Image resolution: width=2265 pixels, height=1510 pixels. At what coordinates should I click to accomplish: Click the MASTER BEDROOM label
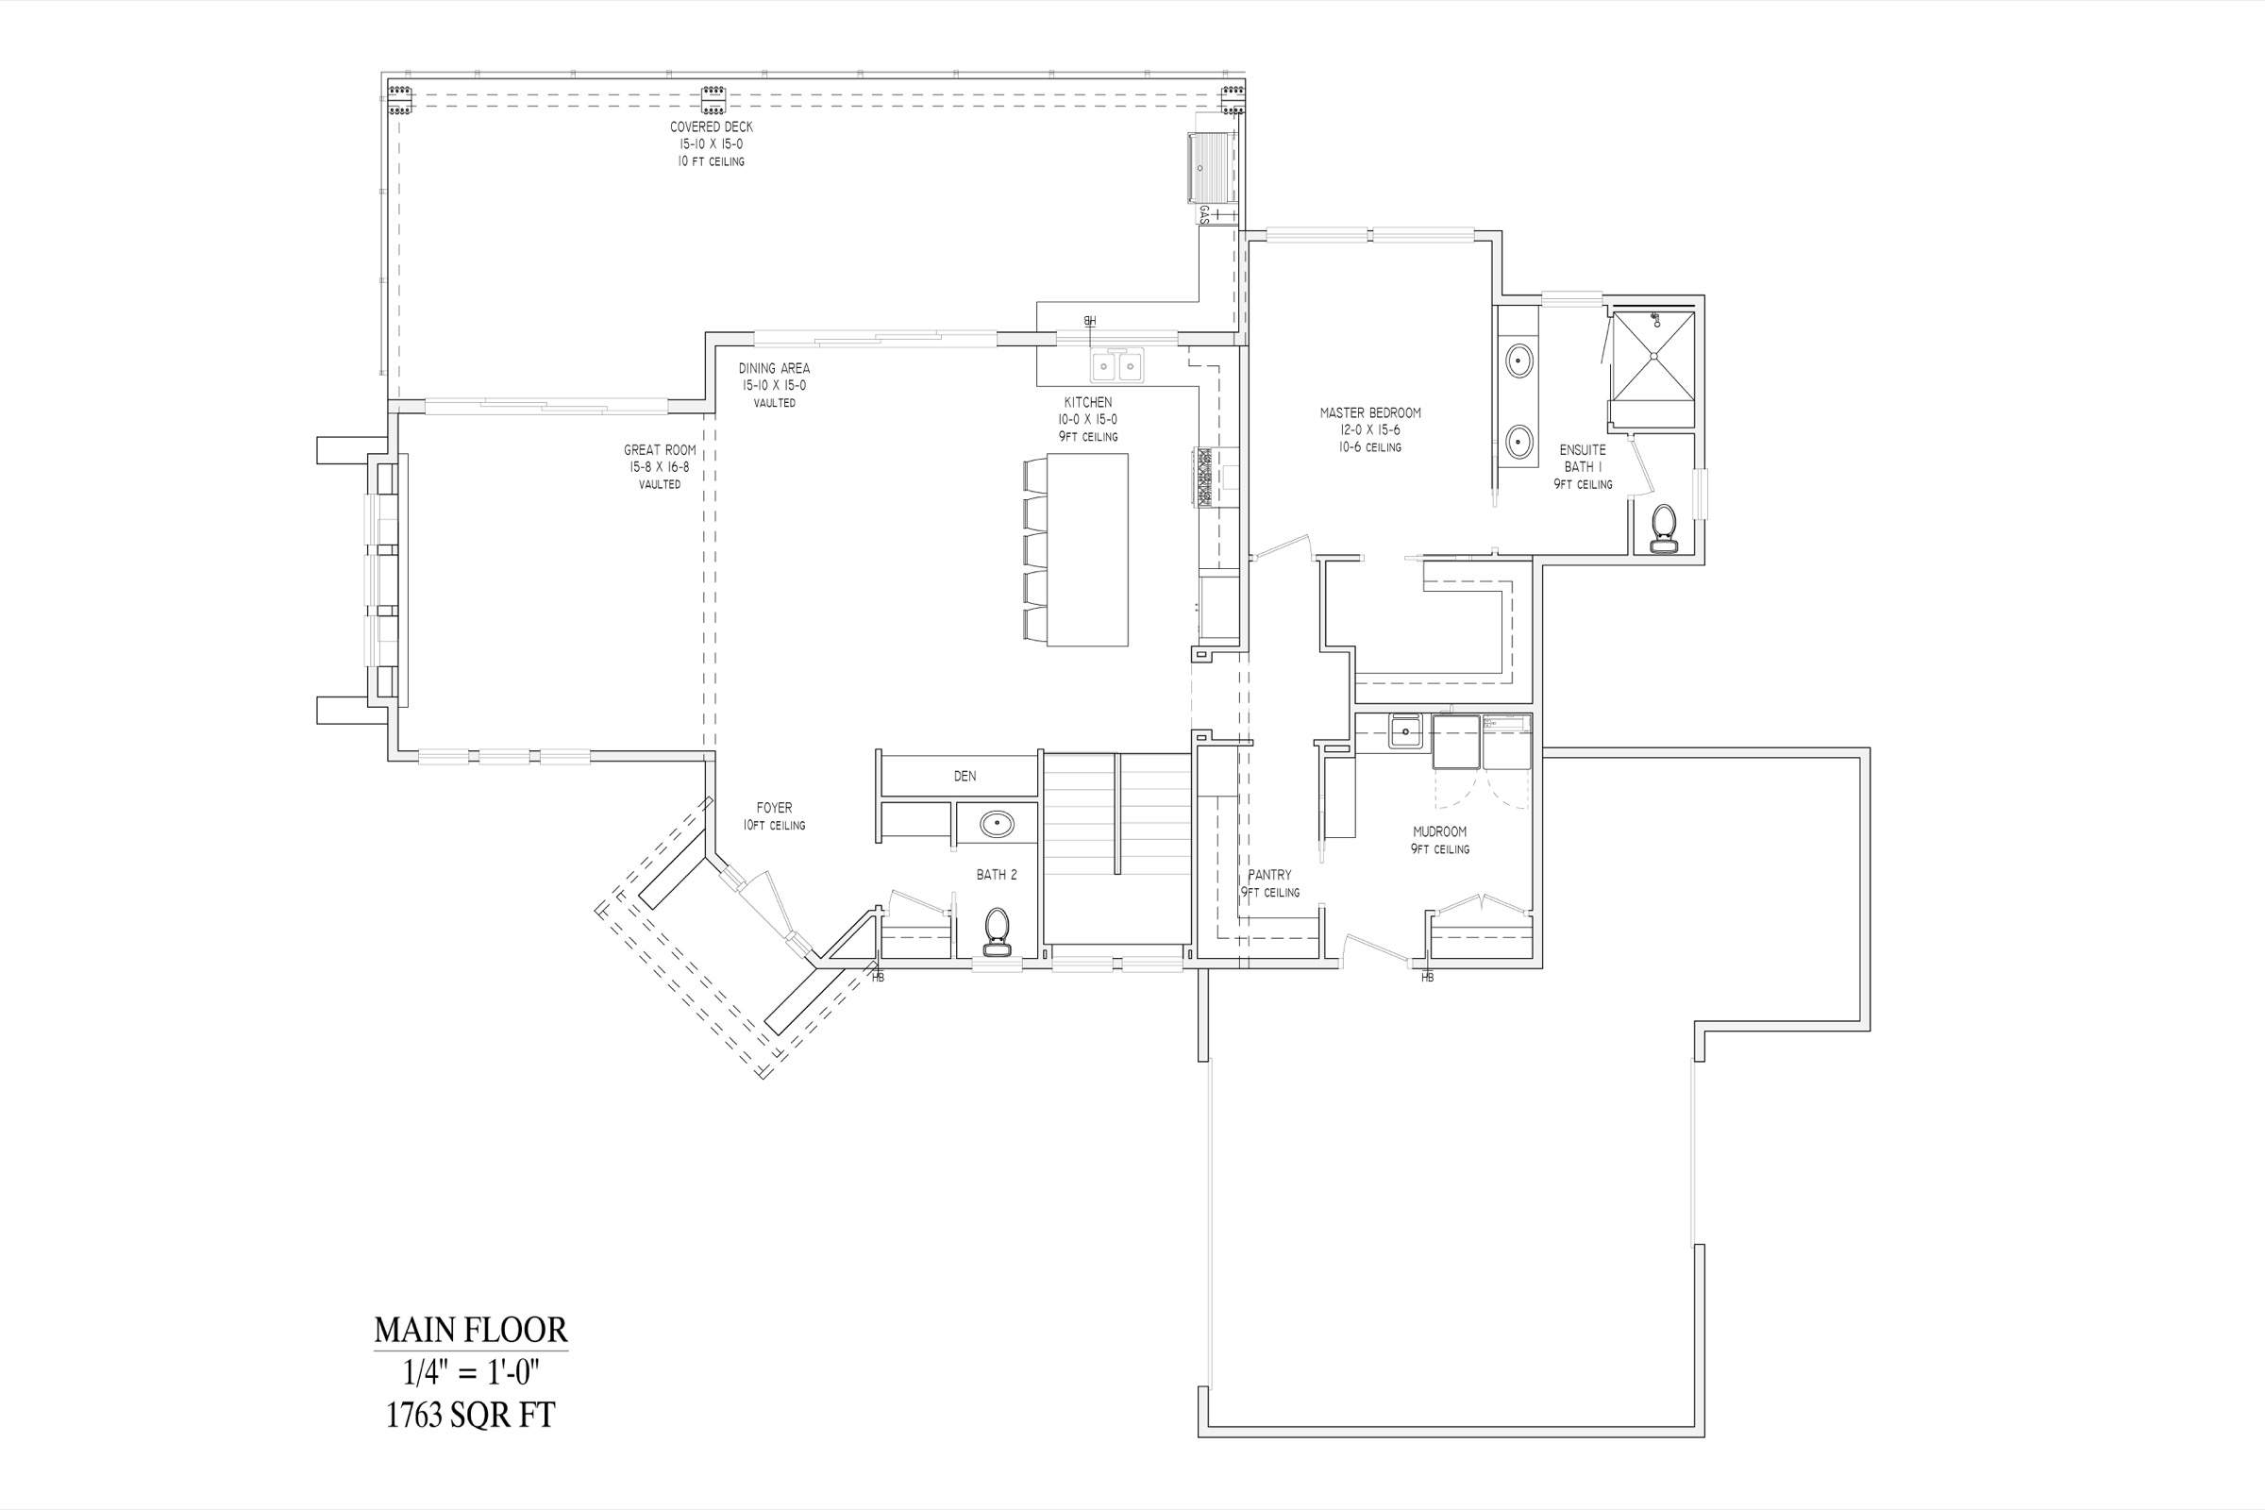tap(1369, 413)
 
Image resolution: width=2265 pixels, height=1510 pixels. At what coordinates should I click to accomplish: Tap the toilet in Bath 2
tap(997, 931)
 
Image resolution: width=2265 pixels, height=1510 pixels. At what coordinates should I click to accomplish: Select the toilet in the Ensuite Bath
tap(1663, 528)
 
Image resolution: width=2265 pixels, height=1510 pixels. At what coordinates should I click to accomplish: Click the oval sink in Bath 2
tap(997, 824)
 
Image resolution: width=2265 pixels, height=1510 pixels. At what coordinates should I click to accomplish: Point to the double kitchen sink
tap(1117, 366)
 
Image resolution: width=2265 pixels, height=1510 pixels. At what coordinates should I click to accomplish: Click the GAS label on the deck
tap(1204, 214)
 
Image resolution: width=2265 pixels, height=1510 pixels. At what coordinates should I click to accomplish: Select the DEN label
tap(965, 776)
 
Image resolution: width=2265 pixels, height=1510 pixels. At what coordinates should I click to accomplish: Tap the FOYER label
tap(774, 808)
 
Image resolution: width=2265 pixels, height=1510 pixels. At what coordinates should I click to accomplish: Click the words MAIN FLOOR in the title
tap(471, 1330)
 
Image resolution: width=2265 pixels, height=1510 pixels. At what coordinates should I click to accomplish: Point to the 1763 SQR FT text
tap(471, 1415)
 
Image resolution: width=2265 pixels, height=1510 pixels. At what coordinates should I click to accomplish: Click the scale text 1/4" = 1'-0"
tap(471, 1372)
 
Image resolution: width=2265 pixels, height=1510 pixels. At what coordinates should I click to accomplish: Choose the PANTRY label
tap(1269, 875)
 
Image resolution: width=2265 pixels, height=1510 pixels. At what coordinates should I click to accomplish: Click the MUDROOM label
tap(1440, 832)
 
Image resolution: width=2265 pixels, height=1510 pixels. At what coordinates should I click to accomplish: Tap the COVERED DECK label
tap(712, 127)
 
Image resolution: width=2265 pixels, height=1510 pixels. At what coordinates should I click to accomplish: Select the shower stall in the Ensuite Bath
tap(1653, 357)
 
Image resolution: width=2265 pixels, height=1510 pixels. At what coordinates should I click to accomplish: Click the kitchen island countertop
tap(1087, 549)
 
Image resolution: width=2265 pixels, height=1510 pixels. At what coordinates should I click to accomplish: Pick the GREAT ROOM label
tap(660, 450)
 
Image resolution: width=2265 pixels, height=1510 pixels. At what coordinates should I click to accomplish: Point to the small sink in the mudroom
tap(1405, 732)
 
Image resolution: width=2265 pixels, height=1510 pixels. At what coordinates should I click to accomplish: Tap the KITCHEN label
tap(1088, 403)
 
